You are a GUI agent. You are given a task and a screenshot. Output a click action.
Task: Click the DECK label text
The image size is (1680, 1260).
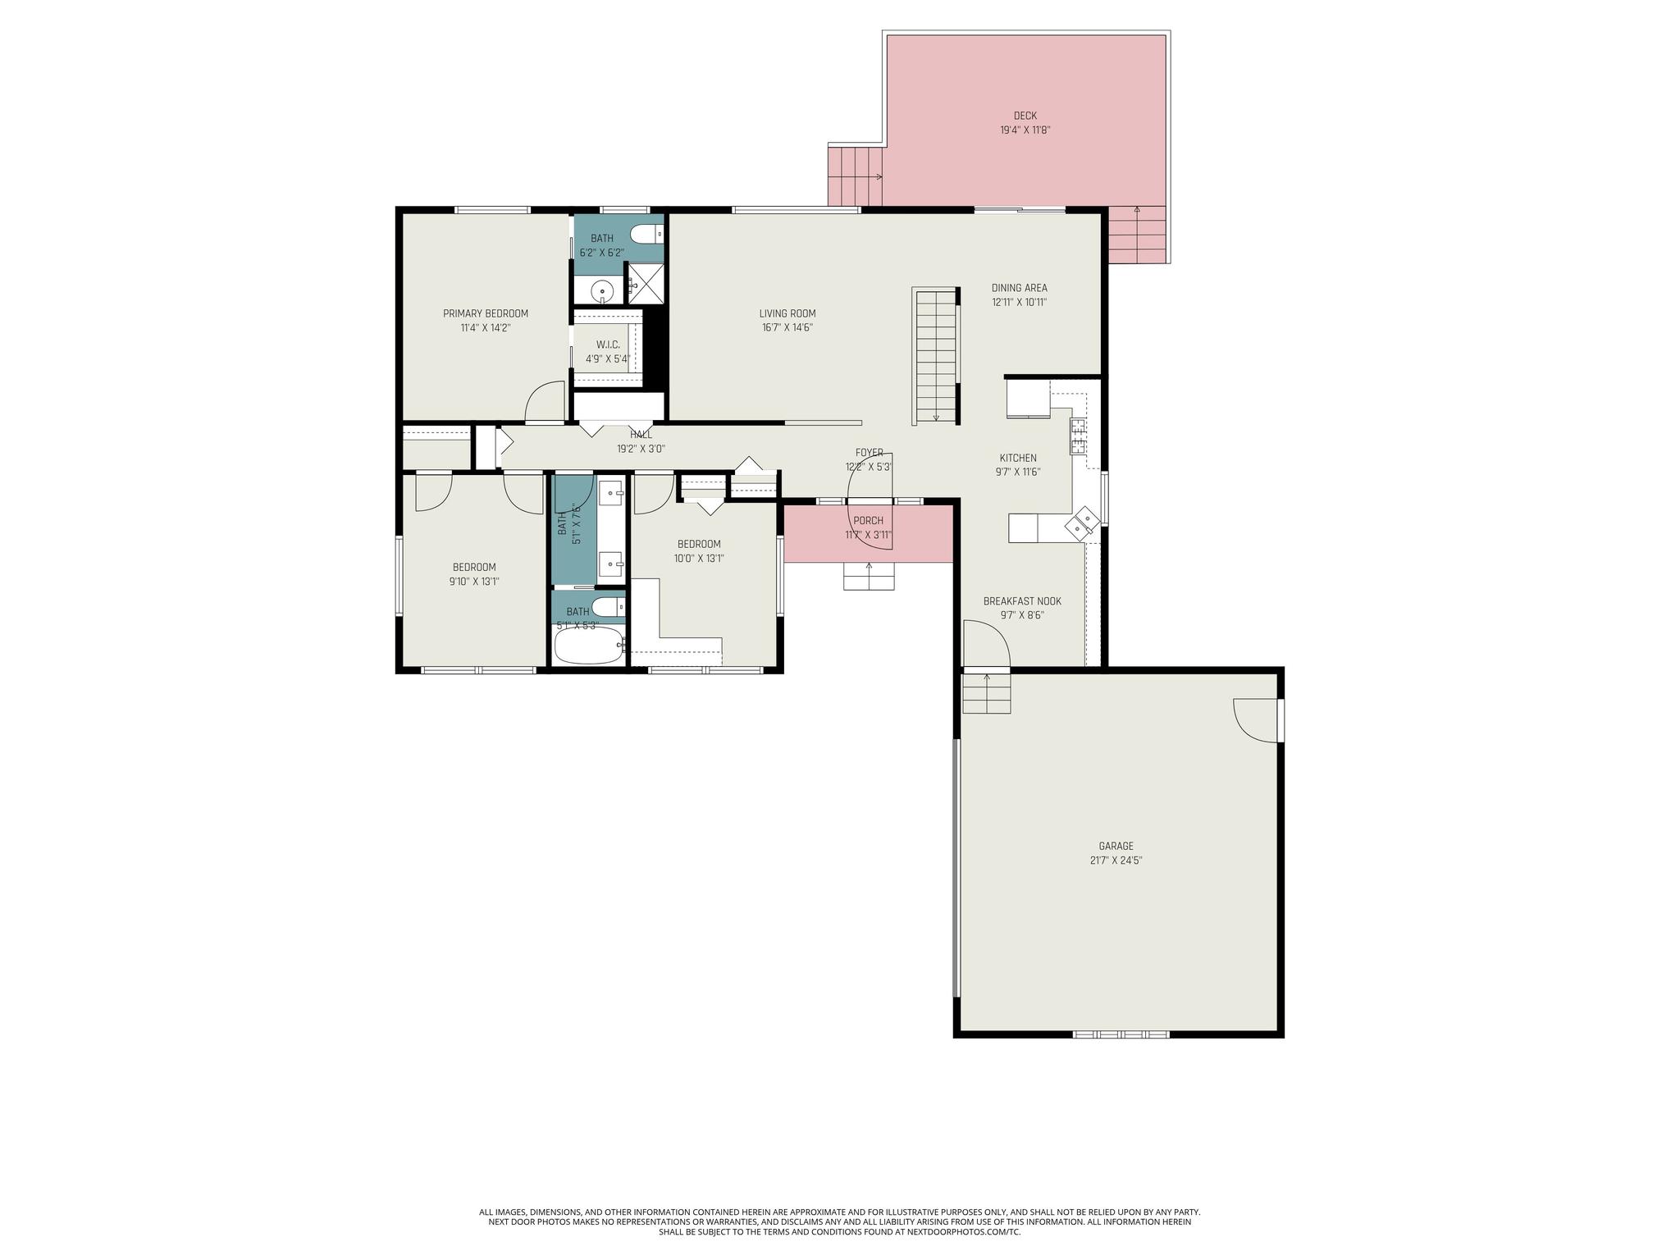[1025, 116]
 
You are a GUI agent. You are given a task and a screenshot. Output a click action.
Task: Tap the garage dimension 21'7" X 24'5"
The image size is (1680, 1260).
[1116, 861]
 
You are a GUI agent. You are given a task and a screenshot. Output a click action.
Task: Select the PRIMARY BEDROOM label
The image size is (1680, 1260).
[486, 313]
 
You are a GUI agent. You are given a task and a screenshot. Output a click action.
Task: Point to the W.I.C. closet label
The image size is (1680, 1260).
[608, 345]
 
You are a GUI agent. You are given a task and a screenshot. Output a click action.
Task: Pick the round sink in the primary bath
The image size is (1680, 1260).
[604, 290]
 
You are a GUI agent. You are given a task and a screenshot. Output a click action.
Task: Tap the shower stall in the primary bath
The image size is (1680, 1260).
[645, 283]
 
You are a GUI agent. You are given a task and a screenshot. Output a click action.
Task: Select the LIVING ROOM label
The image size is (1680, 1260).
[787, 313]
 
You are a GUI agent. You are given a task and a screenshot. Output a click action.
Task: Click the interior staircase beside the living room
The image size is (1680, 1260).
[936, 356]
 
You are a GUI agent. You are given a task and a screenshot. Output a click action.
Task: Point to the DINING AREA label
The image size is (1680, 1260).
[1019, 288]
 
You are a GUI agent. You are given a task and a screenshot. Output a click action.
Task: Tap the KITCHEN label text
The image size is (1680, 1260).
[1018, 458]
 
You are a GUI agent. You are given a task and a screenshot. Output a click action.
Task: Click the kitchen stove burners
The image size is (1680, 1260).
[1078, 436]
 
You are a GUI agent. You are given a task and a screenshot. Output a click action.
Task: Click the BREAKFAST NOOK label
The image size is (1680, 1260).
[1022, 601]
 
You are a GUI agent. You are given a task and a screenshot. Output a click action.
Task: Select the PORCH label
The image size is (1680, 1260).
[868, 521]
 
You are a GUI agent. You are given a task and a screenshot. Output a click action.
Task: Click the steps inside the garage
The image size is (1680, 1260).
[986, 693]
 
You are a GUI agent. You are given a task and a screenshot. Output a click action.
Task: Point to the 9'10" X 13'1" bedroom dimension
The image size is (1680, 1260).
[474, 582]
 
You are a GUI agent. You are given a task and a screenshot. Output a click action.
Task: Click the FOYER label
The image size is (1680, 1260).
[870, 453]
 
